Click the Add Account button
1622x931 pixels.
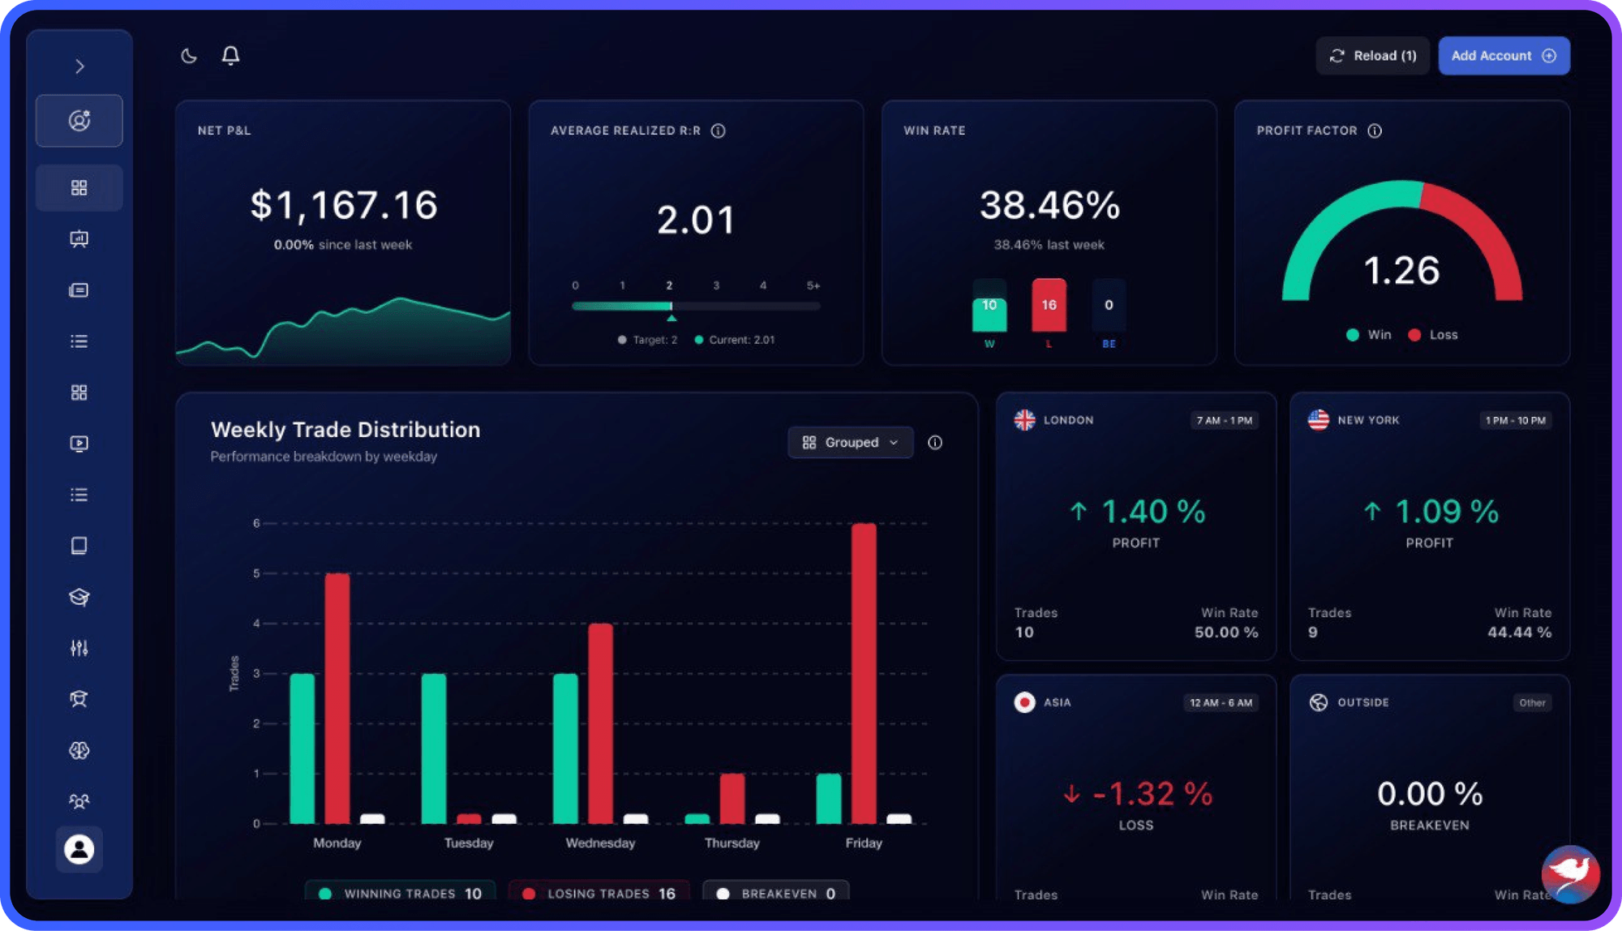1504,56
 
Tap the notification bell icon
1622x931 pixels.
231,55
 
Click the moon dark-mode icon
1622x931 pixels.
189,56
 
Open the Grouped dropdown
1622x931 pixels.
850,442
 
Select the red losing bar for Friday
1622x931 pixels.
864,673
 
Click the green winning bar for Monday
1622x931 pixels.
303,749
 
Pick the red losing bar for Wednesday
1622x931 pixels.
600,723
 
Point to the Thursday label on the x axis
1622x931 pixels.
732,843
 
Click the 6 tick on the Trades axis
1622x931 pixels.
256,523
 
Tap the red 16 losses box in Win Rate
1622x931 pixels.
1049,305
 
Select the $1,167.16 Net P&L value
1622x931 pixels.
344,205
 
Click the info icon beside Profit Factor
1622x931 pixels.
1375,131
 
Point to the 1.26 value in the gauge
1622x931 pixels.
1401,271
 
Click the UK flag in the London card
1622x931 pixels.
1024,420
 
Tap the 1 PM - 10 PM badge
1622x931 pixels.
1515,420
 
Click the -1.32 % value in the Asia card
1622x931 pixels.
1152,794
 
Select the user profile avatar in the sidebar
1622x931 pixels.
79,849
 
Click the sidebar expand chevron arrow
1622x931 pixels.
79,66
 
